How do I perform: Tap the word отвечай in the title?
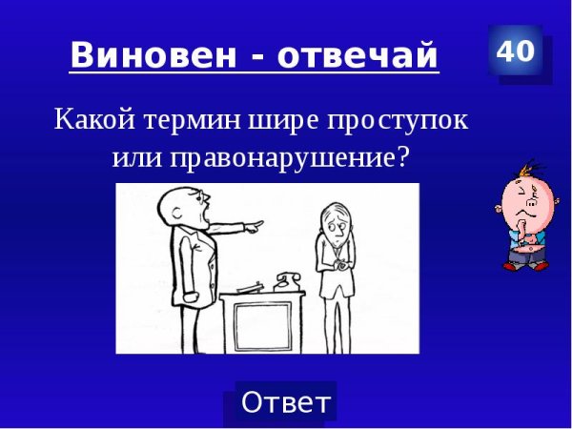366,56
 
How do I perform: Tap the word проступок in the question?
400,122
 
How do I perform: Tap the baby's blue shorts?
523,255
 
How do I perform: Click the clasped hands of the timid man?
336,268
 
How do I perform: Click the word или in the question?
139,157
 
